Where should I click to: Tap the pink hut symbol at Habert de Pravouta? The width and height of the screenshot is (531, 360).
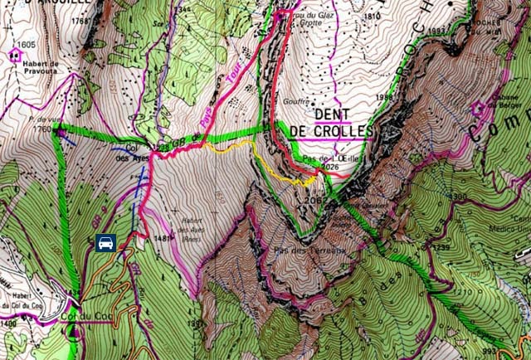pyautogui.click(x=15, y=56)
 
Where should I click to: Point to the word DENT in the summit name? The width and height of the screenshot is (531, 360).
pyautogui.click(x=334, y=114)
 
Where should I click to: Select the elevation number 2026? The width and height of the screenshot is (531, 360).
pyautogui.click(x=330, y=167)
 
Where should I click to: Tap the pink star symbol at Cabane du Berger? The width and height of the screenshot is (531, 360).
pyautogui.click(x=478, y=109)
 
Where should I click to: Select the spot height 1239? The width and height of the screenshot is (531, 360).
pyautogui.click(x=441, y=249)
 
